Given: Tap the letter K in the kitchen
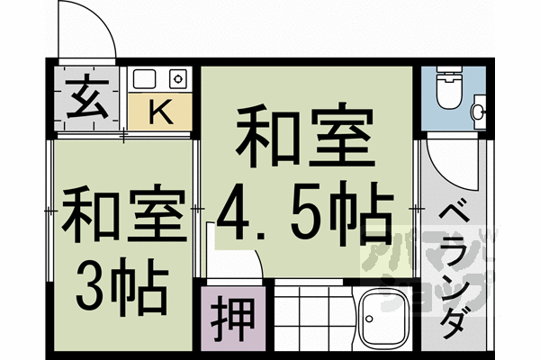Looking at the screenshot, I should (159, 112).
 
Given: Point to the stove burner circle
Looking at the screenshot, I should (178, 79).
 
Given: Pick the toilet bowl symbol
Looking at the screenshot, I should (446, 89).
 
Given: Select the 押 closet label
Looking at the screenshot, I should (231, 317).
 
